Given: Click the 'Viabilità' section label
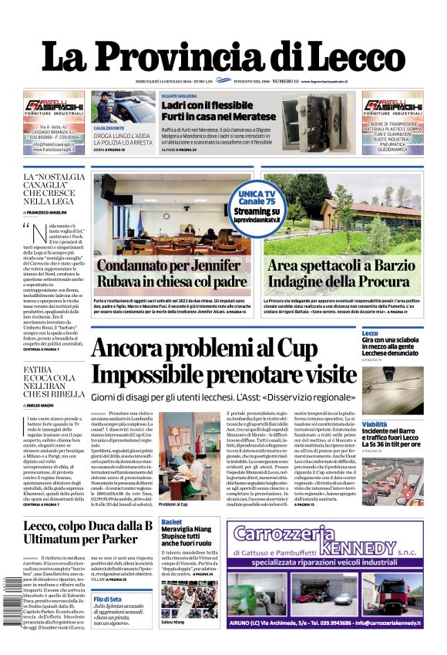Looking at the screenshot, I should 375,424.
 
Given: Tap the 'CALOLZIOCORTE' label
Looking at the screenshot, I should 109,127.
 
